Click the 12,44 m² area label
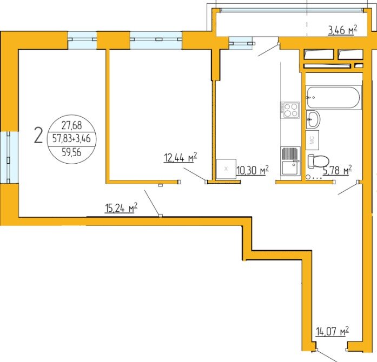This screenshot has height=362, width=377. tap(180, 158)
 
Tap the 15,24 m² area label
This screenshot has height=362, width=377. tap(121, 208)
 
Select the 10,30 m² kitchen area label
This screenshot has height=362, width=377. tap(253, 170)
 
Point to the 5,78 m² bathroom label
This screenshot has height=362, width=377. tap(338, 170)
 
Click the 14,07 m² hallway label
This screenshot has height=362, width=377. tap(332, 332)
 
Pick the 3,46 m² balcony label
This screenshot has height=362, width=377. tap(342, 30)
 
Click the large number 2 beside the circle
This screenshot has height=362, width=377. tap(38, 135)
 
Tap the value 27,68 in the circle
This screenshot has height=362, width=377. tap(71, 125)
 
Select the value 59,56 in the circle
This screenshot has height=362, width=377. tap(71, 152)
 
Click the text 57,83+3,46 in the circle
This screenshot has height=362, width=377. tap(71, 139)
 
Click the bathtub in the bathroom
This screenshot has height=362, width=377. tap(334, 97)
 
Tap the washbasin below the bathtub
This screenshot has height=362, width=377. tap(313, 119)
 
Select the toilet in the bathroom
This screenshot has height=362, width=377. tap(318, 160)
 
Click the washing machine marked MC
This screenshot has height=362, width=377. tap(312, 140)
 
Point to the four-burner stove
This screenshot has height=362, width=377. tap(290, 110)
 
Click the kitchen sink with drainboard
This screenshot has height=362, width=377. tap(290, 160)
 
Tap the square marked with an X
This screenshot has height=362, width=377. tap(226, 169)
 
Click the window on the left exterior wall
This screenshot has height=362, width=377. tap(9, 157)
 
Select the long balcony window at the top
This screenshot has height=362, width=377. tap(292, 10)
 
